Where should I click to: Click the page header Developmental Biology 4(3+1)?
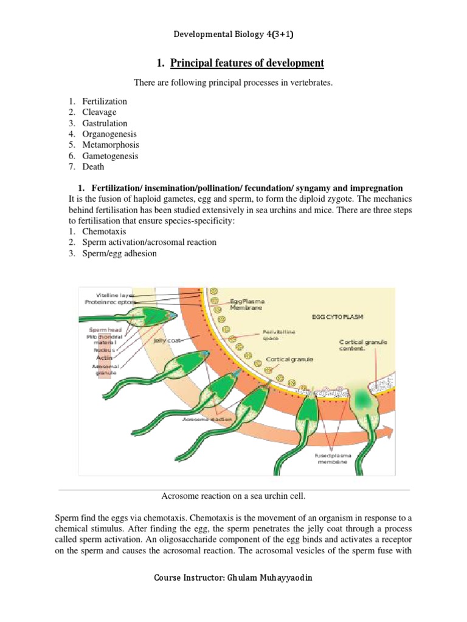pyautogui.click(x=233, y=35)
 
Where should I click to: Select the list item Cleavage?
pyautogui.click(x=100, y=112)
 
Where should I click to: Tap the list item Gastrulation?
pyautogui.click(x=105, y=123)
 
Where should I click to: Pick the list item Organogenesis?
pyautogui.click(x=110, y=134)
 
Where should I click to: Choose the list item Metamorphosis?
pyautogui.click(x=111, y=145)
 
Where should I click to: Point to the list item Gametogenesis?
pyautogui.click(x=111, y=156)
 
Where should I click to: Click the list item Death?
pyautogui.click(x=94, y=167)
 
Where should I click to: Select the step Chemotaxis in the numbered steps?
pyautogui.click(x=104, y=231)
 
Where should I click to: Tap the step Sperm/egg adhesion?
pyautogui.click(x=120, y=253)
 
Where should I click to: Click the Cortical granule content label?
pyautogui.click(x=363, y=345)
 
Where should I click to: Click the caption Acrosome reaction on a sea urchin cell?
pyautogui.click(x=233, y=496)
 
